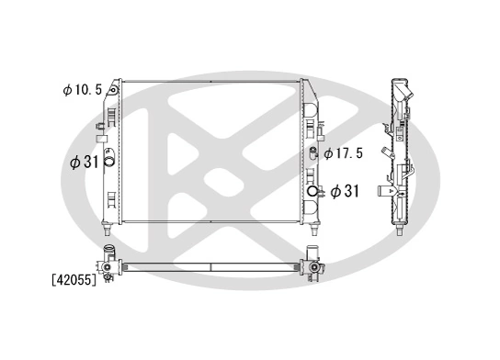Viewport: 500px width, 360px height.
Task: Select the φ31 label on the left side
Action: point(85,161)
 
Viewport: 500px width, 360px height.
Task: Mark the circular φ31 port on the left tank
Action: point(108,163)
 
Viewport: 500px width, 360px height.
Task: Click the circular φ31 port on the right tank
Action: point(314,192)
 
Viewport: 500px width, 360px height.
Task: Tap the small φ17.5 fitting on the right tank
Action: point(313,152)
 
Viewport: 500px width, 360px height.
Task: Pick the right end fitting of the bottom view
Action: point(315,265)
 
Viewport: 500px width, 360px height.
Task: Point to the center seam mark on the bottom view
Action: point(210,267)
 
